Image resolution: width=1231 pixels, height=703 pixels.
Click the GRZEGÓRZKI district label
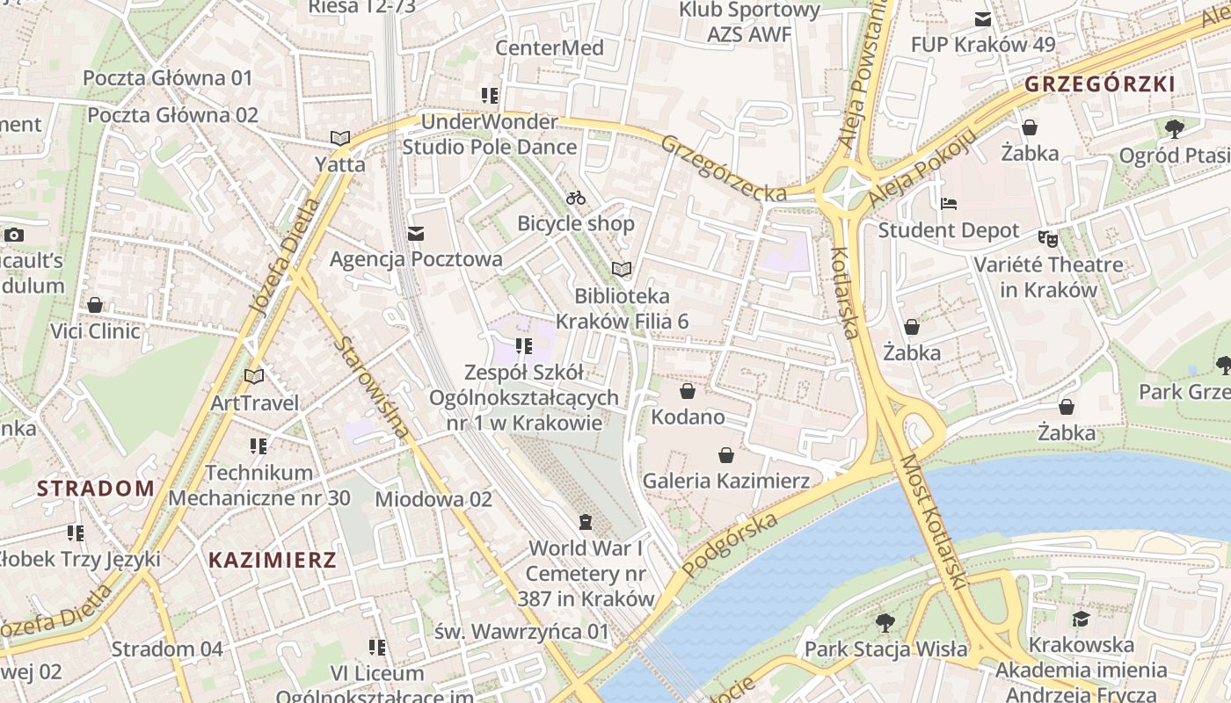1099,84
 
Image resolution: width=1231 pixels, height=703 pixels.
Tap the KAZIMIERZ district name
273,560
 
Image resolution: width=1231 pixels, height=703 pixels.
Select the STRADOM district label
96,489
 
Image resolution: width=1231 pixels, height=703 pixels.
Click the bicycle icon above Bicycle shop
576,198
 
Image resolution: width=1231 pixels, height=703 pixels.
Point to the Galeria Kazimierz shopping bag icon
726,455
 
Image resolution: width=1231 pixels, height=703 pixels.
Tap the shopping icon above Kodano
688,391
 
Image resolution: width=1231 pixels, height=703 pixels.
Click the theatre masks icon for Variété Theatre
1047,238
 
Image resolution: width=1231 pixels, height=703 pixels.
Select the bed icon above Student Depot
949,204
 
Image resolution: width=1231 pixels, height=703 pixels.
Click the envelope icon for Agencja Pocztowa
416,234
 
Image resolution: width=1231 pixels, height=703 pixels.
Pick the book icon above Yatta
340,138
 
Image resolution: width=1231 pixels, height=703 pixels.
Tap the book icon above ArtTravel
254,377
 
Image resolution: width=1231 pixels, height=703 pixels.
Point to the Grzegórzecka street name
723,168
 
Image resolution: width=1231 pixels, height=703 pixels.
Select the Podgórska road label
729,546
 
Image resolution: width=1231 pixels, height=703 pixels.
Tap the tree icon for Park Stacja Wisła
885,623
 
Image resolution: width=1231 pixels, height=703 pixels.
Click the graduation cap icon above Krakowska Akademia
1081,619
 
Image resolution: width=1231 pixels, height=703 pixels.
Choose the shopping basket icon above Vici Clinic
95,305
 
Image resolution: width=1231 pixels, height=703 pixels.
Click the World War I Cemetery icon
586,522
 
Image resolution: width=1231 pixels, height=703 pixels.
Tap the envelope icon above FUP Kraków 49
982,19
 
